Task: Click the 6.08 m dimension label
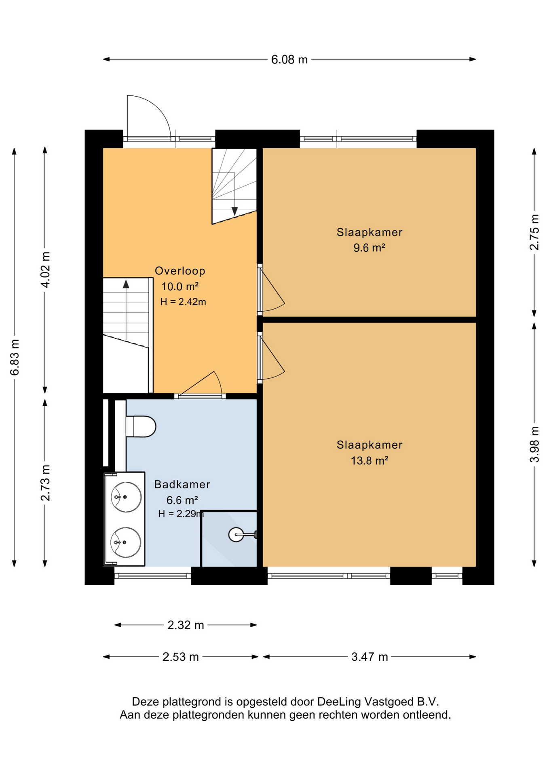coord(289,60)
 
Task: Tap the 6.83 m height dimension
coord(15,357)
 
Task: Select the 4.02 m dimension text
coord(46,270)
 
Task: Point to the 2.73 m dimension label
coord(46,483)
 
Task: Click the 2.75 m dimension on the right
coord(534,232)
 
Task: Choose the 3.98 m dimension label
coord(534,444)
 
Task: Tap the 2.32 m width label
coord(186,625)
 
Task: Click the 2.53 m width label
coord(180,657)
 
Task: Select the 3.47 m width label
coord(370,657)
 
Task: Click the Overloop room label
coord(180,271)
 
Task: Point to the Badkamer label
coord(182,484)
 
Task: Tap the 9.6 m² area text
coord(369,247)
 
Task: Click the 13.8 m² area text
coord(369,460)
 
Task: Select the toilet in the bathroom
coord(141,426)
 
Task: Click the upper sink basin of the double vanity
coord(126,497)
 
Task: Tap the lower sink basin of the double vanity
coord(126,542)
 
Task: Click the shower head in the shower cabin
coord(236,535)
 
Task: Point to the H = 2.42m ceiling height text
coord(183,302)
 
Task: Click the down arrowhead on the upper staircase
coord(234,211)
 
